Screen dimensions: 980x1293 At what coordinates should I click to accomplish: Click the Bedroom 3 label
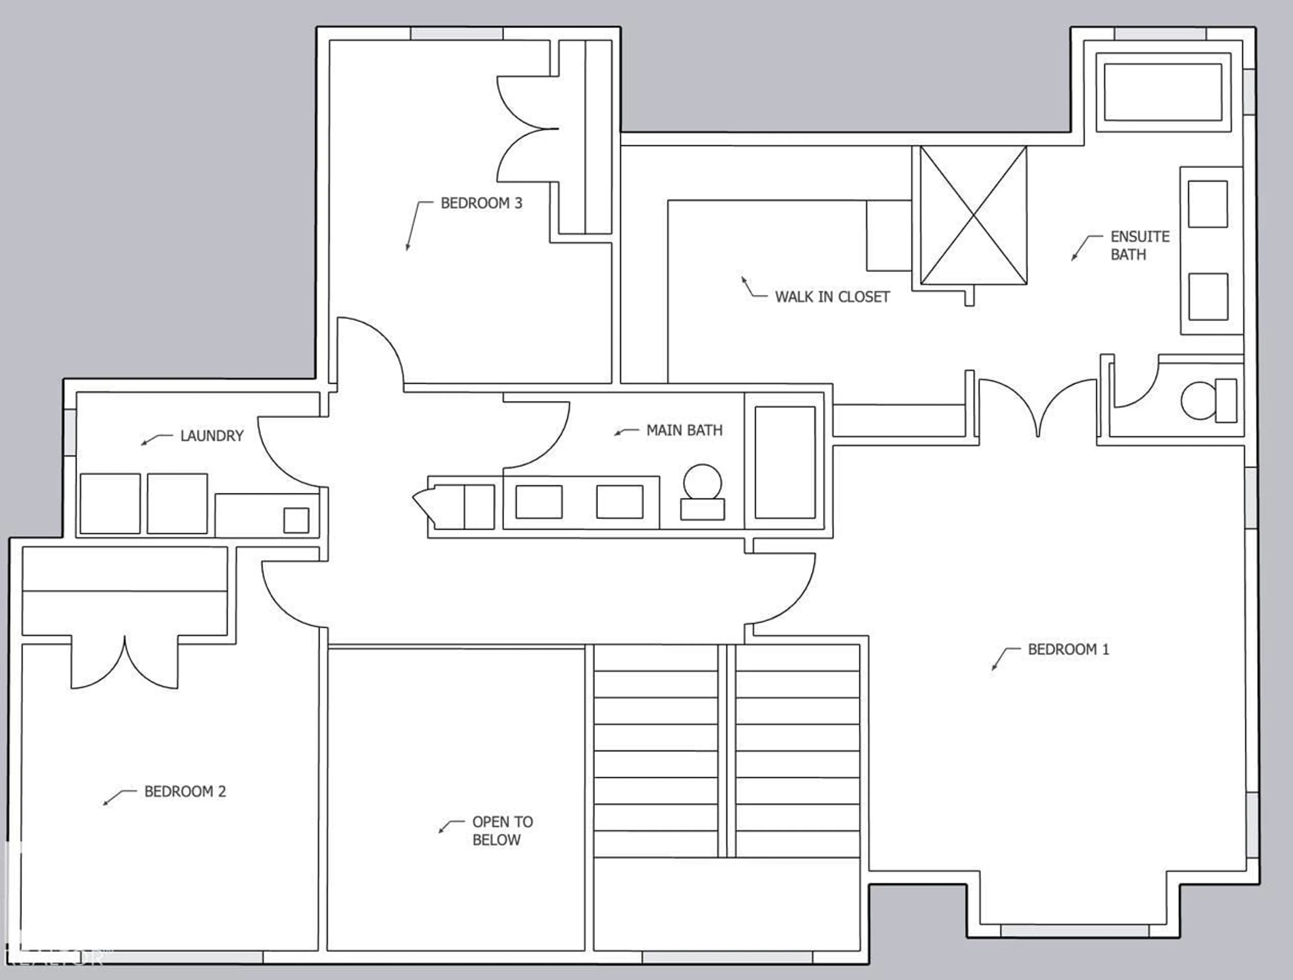coord(481,203)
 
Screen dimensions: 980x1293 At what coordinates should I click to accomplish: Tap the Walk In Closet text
coord(832,297)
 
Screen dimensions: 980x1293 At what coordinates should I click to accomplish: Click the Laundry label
coord(211,436)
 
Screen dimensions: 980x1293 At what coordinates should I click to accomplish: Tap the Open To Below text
coord(502,830)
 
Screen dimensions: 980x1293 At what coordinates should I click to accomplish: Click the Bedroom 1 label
coord(1068,649)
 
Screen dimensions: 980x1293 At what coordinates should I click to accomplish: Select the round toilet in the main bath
coord(703,491)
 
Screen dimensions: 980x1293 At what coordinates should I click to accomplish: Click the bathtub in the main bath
coord(785,462)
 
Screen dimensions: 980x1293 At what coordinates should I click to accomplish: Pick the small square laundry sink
coord(296,520)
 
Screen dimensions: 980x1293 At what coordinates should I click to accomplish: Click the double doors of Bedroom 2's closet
coord(125,663)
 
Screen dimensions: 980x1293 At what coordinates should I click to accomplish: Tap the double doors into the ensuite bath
coord(1037,406)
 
